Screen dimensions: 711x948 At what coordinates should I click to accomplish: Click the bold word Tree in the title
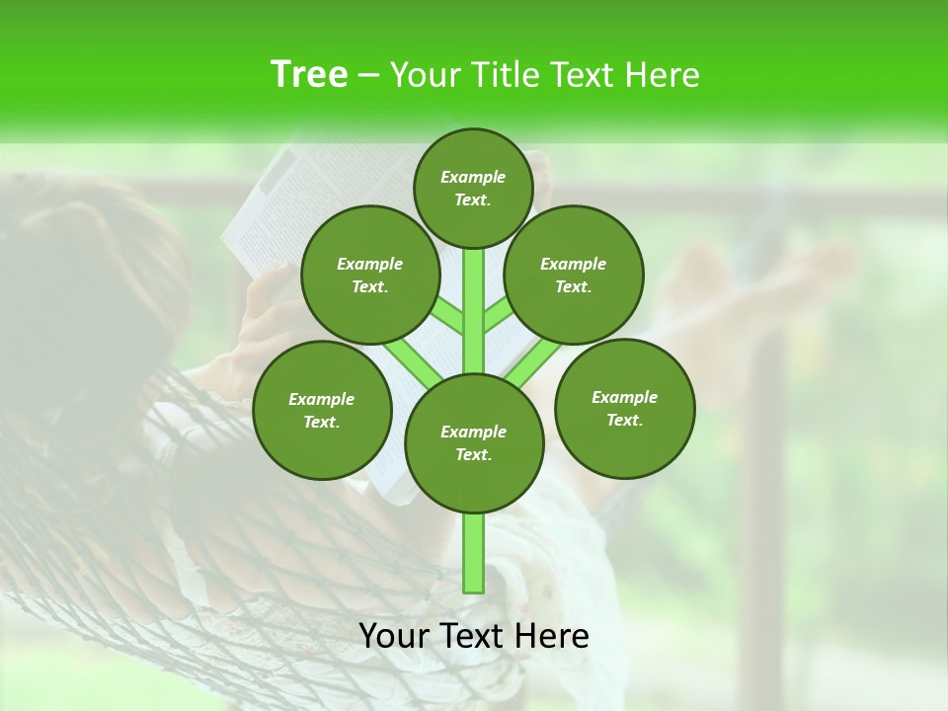tap(309, 74)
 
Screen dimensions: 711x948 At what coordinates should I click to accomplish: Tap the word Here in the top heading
tap(664, 75)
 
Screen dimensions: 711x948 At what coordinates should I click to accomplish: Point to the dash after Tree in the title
tap(368, 76)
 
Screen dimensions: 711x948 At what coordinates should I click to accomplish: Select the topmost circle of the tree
tap(473, 188)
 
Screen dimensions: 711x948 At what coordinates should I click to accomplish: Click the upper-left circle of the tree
tap(369, 275)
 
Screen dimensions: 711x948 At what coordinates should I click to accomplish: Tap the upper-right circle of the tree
tap(573, 275)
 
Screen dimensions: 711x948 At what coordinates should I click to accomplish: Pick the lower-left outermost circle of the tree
tap(322, 410)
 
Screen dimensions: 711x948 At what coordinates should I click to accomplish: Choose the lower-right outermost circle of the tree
tap(624, 408)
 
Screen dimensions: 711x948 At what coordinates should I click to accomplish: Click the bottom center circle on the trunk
tap(474, 442)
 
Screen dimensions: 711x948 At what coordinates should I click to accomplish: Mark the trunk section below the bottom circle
tap(474, 553)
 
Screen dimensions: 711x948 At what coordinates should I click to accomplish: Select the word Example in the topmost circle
tap(473, 177)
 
